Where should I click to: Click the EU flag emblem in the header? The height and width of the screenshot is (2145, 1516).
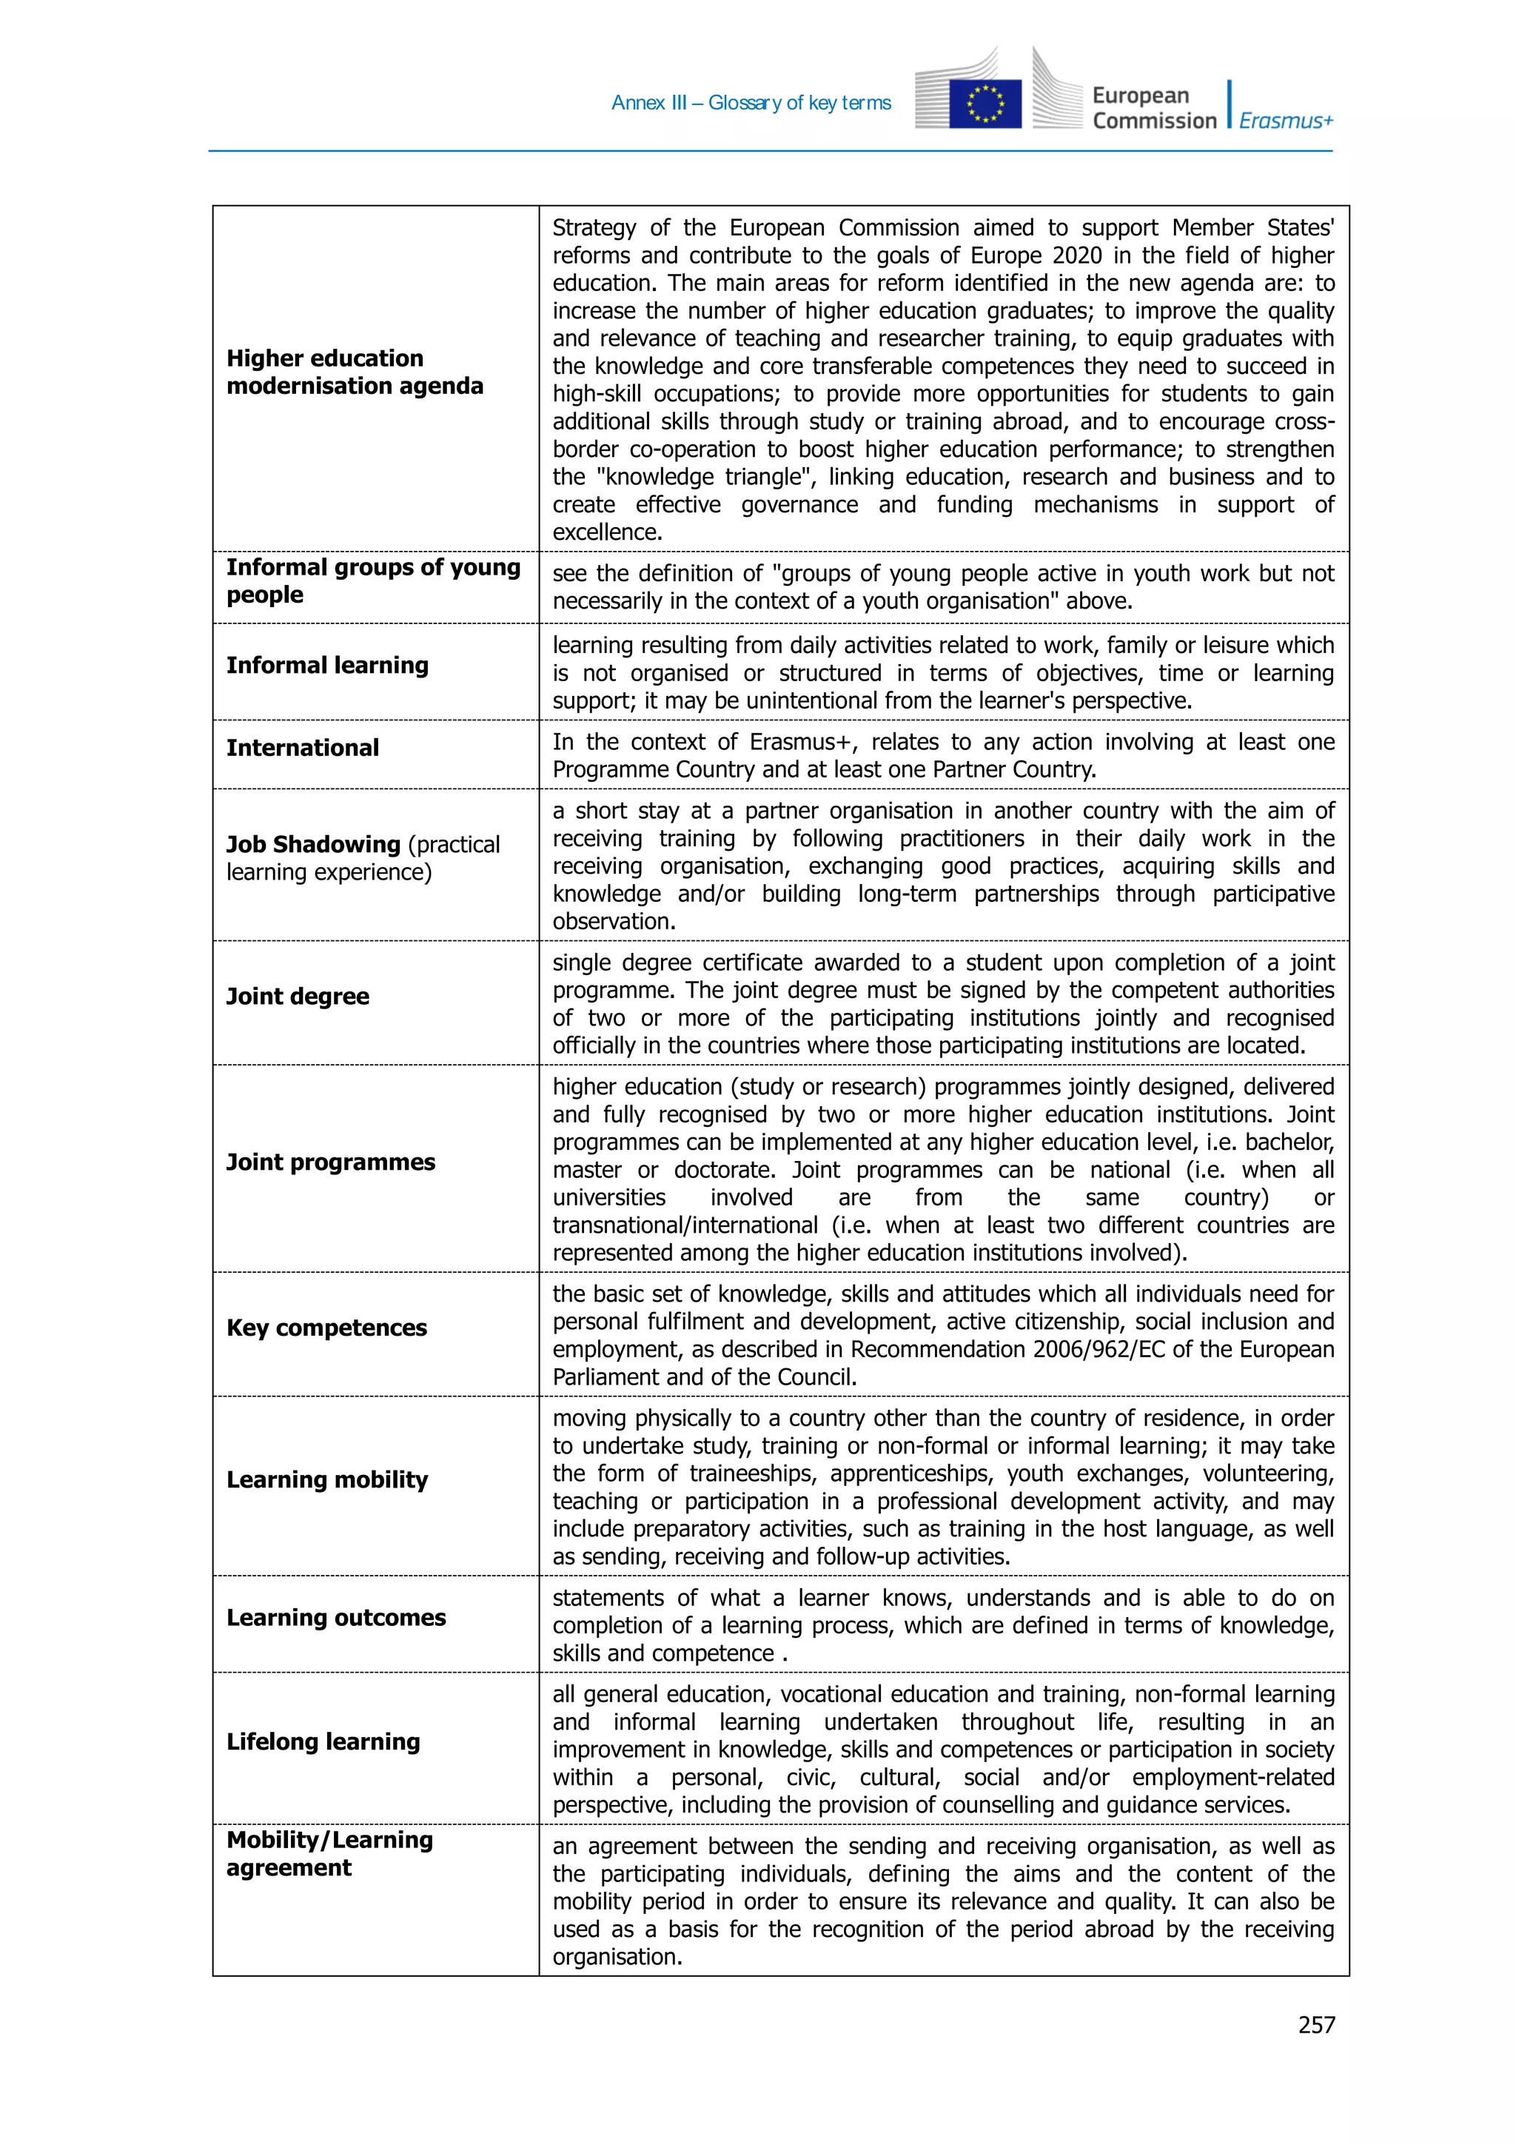[x=985, y=103]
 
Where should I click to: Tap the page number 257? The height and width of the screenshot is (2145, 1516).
[x=1316, y=2024]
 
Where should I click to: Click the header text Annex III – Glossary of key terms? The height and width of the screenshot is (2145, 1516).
[x=751, y=103]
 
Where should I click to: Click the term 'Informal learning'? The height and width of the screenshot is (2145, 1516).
[x=327, y=665]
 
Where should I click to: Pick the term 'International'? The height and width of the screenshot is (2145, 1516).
[x=302, y=747]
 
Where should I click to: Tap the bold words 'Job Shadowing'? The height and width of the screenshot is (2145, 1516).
[x=313, y=845]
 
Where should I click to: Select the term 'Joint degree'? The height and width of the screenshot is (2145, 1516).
[x=297, y=996]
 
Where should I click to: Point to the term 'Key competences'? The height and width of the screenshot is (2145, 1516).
[x=326, y=1328]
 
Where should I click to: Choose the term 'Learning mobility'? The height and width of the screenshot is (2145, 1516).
[x=327, y=1480]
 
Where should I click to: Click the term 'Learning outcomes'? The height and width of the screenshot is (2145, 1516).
[x=335, y=1618]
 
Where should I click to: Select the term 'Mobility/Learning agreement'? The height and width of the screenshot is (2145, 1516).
[x=329, y=1853]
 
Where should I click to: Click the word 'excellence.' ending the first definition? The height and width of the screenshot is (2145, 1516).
[x=607, y=532]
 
